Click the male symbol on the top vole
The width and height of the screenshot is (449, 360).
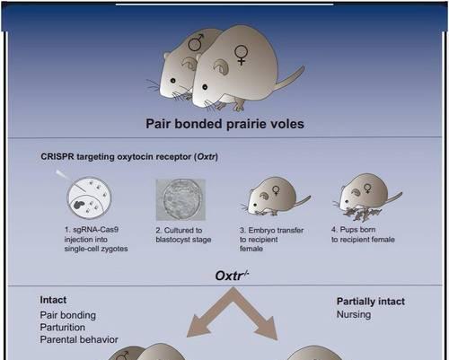[196, 42]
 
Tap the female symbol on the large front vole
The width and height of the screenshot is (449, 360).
[241, 55]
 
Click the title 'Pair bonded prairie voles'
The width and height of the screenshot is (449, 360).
[224, 124]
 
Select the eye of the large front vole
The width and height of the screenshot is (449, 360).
[205, 87]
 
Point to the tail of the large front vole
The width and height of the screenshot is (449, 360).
[289, 78]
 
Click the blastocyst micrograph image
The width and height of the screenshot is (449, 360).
[180, 199]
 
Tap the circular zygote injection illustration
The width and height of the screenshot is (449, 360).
[89, 198]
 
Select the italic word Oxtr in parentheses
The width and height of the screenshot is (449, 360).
[206, 157]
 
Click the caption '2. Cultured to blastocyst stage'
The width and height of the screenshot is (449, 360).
[183, 235]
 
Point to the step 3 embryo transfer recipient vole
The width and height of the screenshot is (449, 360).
[276, 196]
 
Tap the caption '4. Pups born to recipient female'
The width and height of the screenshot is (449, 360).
[363, 234]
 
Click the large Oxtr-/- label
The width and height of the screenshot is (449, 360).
[232, 276]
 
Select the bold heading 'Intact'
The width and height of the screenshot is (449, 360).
[53, 300]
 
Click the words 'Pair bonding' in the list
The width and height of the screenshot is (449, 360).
[68, 315]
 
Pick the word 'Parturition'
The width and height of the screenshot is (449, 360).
[62, 328]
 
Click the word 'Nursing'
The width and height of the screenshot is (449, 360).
[354, 314]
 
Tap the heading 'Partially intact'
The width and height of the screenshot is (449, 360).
[371, 302]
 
